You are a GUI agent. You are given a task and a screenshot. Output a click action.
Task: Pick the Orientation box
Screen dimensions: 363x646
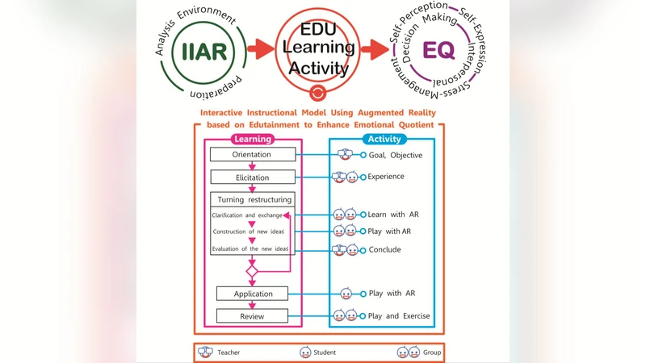click(x=252, y=154)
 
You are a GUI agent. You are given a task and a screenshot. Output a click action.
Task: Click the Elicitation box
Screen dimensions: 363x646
click(x=252, y=176)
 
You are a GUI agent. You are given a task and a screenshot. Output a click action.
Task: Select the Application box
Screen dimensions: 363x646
click(x=252, y=294)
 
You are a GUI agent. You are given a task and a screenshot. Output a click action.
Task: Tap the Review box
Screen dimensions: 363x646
click(x=252, y=315)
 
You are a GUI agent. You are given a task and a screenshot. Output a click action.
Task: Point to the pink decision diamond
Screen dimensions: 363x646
click(x=252, y=272)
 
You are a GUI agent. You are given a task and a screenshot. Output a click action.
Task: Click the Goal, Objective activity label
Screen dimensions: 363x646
click(x=395, y=154)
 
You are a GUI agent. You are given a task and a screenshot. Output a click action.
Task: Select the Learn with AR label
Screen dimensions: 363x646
click(x=393, y=215)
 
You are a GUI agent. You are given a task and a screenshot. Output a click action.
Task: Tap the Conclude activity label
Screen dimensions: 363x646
click(x=384, y=250)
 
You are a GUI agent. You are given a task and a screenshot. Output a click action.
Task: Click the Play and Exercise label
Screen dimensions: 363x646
click(x=399, y=315)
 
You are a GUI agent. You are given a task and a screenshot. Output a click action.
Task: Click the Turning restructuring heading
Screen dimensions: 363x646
click(x=252, y=199)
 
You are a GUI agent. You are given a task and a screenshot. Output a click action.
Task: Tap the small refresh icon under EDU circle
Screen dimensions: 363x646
click(x=317, y=92)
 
